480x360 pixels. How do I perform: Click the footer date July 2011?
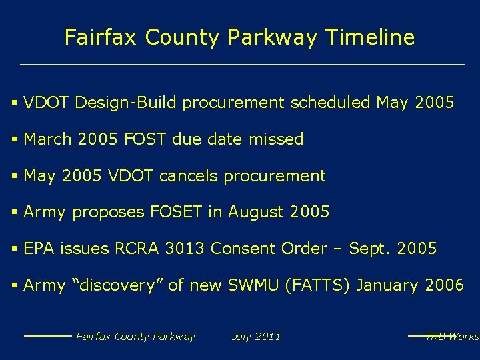(256, 337)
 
